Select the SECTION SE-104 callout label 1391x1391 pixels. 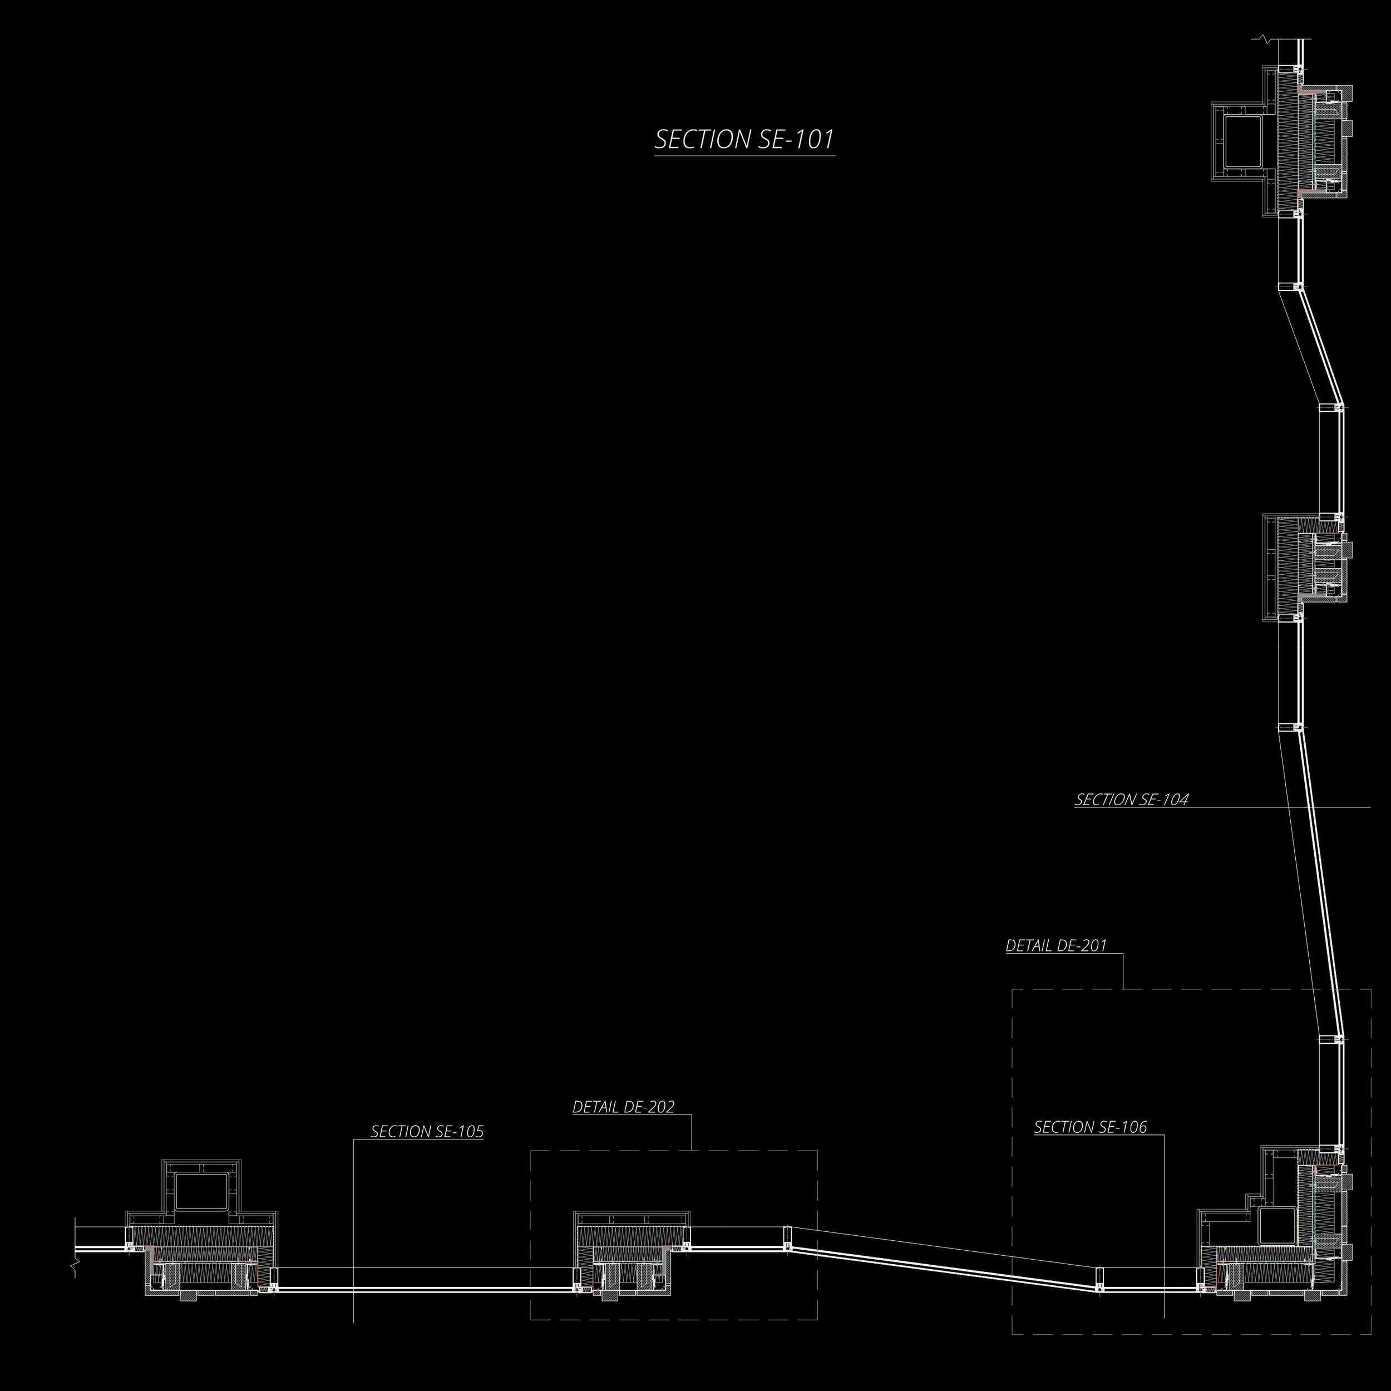(1131, 799)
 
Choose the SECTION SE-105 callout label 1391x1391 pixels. (427, 1132)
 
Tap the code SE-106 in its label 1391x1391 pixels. (1120, 1127)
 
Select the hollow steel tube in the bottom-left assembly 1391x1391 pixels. (201, 1192)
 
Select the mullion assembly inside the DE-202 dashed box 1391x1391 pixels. (632, 1260)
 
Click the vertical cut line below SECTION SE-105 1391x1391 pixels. (353, 1246)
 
